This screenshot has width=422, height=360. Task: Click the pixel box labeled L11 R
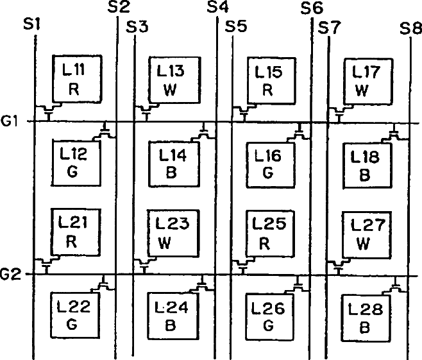click(76, 78)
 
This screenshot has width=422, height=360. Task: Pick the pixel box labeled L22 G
click(76, 314)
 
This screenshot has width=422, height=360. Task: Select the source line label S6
click(312, 8)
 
